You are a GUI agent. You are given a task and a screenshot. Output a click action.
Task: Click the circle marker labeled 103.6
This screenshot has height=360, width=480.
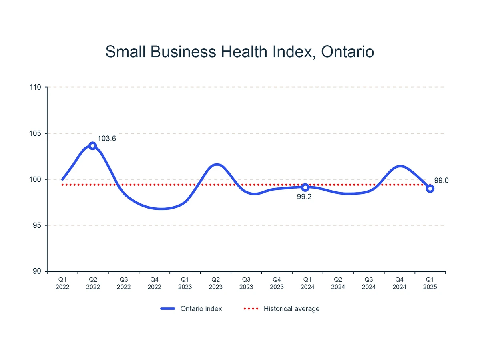(x=92, y=146)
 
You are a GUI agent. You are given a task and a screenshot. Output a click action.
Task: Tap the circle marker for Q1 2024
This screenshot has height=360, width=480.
(x=305, y=187)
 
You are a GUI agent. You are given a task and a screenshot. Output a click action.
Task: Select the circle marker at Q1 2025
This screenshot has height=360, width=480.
(x=430, y=189)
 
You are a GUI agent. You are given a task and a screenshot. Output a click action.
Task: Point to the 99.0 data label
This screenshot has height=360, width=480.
(x=441, y=181)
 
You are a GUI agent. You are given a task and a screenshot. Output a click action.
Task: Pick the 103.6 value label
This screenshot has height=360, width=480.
(x=107, y=139)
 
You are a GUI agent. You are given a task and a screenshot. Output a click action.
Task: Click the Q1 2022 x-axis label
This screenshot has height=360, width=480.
(x=62, y=283)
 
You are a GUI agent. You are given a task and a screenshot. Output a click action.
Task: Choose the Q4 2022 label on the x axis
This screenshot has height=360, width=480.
(x=154, y=283)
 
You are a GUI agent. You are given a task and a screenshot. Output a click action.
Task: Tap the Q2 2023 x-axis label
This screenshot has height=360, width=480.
(x=215, y=283)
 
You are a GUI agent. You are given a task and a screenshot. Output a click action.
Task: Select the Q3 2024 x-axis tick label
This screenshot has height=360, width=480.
(x=369, y=283)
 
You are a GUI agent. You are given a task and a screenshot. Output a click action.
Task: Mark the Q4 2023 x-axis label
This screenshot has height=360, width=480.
(x=277, y=283)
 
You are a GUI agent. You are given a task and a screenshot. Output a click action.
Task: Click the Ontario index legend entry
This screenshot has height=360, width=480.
(x=191, y=309)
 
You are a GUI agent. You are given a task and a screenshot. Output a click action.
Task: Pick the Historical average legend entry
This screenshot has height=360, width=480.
(x=282, y=309)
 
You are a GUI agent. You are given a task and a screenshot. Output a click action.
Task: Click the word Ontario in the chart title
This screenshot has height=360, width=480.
(x=347, y=52)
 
